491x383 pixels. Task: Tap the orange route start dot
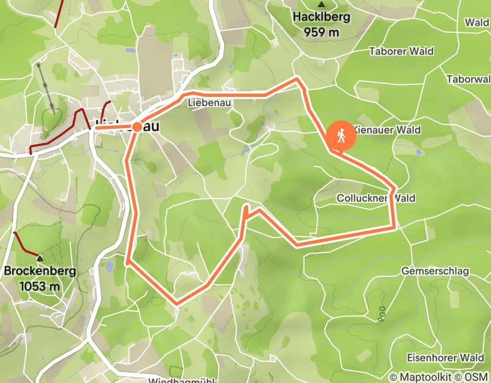(137, 127)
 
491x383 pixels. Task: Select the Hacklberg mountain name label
(321, 17)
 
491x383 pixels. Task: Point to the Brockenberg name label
(39, 271)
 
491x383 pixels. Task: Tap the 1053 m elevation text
(39, 285)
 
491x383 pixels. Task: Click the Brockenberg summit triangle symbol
(39, 257)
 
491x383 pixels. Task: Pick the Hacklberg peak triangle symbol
(321, 4)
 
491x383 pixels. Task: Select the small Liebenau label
(210, 102)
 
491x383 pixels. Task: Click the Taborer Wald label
(401, 51)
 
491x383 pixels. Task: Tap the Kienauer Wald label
(387, 130)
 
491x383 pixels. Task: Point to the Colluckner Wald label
(376, 198)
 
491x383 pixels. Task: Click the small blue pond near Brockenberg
(109, 267)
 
